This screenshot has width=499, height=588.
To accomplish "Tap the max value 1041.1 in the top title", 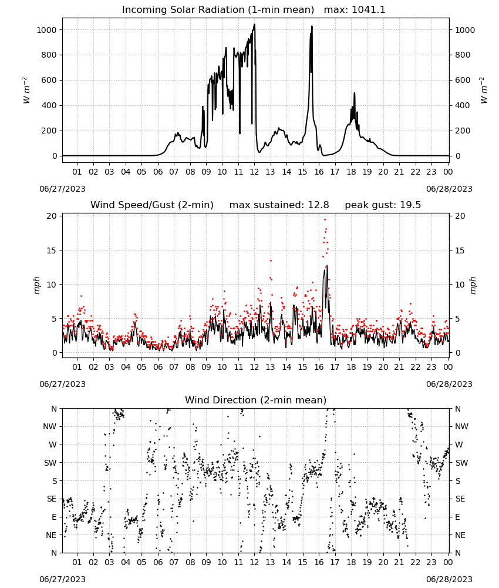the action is coord(369,10).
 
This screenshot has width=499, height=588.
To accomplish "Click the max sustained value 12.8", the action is coord(318,205).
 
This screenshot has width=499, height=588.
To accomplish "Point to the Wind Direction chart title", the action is coord(256,400).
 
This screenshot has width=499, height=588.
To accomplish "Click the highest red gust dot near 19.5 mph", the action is coord(325,220).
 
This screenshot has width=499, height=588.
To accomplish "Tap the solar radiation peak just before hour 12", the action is coord(255,25).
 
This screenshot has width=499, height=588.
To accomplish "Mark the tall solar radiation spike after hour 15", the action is coord(312,26).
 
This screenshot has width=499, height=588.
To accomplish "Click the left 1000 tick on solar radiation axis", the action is coord(46,30).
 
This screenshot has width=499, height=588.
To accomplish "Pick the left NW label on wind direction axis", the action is coord(50,427).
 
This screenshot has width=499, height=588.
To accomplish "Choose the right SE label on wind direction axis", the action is coord(460,499).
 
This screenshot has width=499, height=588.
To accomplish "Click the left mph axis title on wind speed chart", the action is coord(36,285).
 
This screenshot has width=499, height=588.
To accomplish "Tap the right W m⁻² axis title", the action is coord(483,91).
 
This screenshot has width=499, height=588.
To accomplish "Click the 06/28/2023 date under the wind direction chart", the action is coord(449,579).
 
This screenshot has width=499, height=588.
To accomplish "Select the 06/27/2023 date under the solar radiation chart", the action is coord(62,189).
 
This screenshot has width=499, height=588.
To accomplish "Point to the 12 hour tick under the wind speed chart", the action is coord(255,367).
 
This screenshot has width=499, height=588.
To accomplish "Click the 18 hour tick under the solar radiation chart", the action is coord(351,172).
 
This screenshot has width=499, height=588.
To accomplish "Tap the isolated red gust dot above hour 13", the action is coord(271,260).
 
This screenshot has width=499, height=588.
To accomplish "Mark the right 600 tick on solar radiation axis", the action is coord(463,80).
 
